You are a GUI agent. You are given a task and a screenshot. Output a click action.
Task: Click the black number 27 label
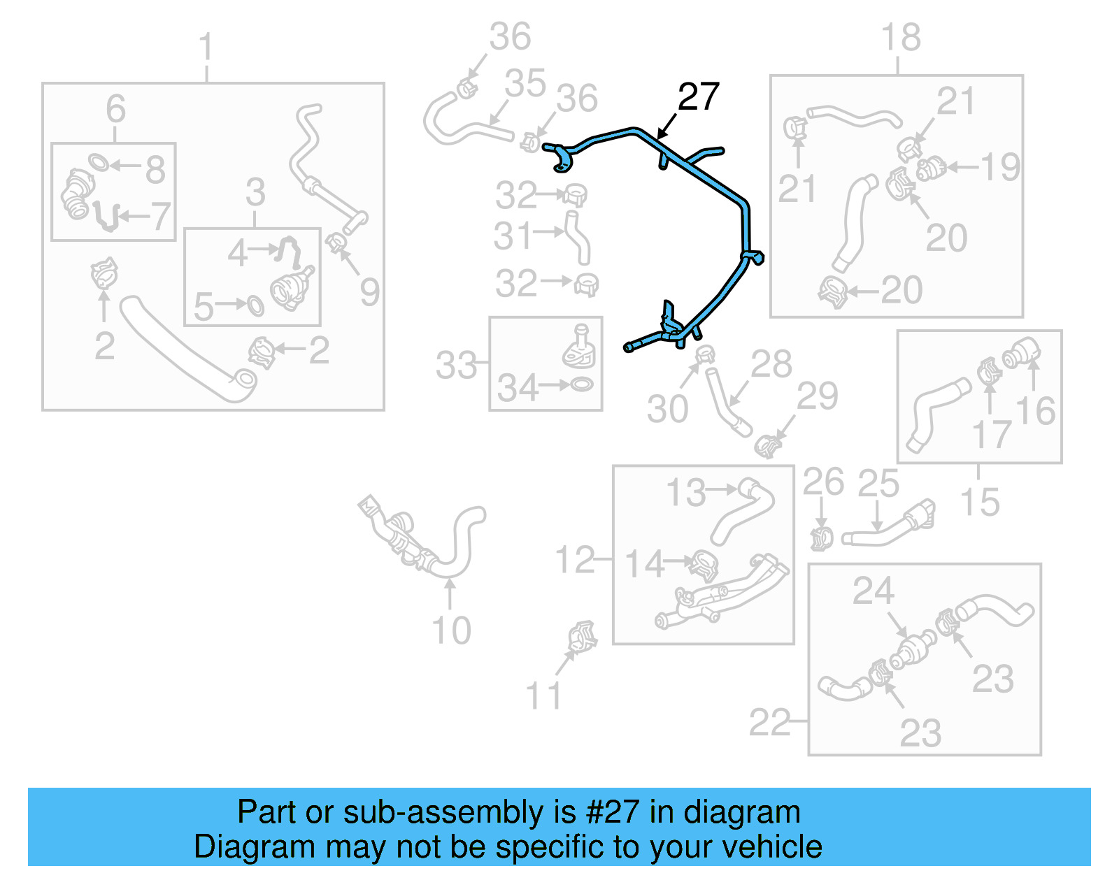698,96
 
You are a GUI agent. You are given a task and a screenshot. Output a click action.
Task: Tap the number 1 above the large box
206,48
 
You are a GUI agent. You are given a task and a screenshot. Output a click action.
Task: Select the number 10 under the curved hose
451,630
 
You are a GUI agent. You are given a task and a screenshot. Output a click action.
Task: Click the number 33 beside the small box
456,365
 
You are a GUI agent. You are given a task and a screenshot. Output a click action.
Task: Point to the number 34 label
518,388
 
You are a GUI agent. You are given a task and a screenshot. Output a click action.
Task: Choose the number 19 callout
1000,167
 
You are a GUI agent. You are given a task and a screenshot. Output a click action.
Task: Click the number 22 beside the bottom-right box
769,722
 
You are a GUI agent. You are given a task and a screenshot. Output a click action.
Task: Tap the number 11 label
543,695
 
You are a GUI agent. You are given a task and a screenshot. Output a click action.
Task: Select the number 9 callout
369,291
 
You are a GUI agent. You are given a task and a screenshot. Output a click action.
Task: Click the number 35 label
525,84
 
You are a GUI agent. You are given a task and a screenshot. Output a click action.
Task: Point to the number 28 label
771,364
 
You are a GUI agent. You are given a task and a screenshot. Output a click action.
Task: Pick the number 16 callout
1036,411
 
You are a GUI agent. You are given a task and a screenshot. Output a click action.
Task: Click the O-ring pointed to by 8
99,163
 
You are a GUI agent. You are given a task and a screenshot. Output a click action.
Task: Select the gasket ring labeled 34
582,384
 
